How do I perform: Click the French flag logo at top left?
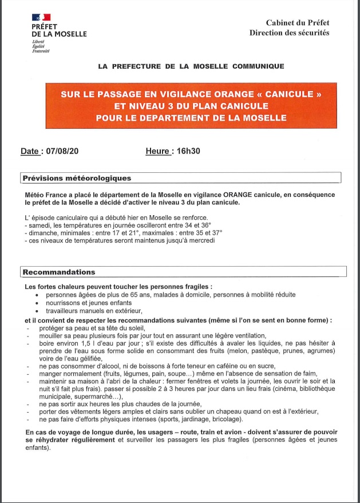pyautogui.click(x=41, y=18)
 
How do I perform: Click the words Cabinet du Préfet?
pyautogui.click(x=297, y=23)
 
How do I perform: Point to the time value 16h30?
pyautogui.click(x=189, y=152)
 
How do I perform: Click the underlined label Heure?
pyautogui.click(x=159, y=152)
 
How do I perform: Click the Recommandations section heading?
pyautogui.click(x=59, y=272)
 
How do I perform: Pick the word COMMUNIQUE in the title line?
pyautogui.click(x=258, y=66)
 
